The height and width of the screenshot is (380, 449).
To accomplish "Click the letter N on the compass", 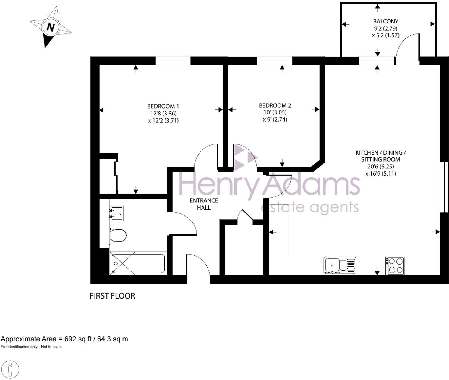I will pos(51,27).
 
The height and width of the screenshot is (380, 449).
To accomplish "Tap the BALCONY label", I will pos(385,21).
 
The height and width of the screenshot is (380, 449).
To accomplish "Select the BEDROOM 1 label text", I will pos(163,106).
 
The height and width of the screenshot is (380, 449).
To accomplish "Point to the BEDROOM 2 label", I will pos(275,105).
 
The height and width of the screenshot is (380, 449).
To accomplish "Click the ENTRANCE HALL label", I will pos(204,204).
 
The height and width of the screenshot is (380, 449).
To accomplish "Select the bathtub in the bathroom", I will pos(138,263).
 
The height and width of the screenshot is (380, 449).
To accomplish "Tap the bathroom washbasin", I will pos(116,213).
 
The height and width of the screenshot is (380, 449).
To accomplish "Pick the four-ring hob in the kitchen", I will pos(395,265).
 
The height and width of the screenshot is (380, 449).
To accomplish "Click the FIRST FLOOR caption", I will pos(112,296).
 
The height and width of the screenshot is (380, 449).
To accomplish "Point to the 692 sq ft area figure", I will pos(78,339).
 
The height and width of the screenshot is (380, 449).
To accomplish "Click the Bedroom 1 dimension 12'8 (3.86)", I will pos(163,113).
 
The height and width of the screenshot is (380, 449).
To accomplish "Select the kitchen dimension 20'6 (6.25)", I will pos(381,167).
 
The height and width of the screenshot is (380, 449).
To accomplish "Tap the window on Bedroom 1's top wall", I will pos(173,61).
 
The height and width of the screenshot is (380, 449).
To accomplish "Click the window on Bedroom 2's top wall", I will pos(275,61).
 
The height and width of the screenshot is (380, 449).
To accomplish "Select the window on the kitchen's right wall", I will pos(444,187).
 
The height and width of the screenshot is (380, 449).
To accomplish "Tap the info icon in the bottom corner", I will pos(10,369).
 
